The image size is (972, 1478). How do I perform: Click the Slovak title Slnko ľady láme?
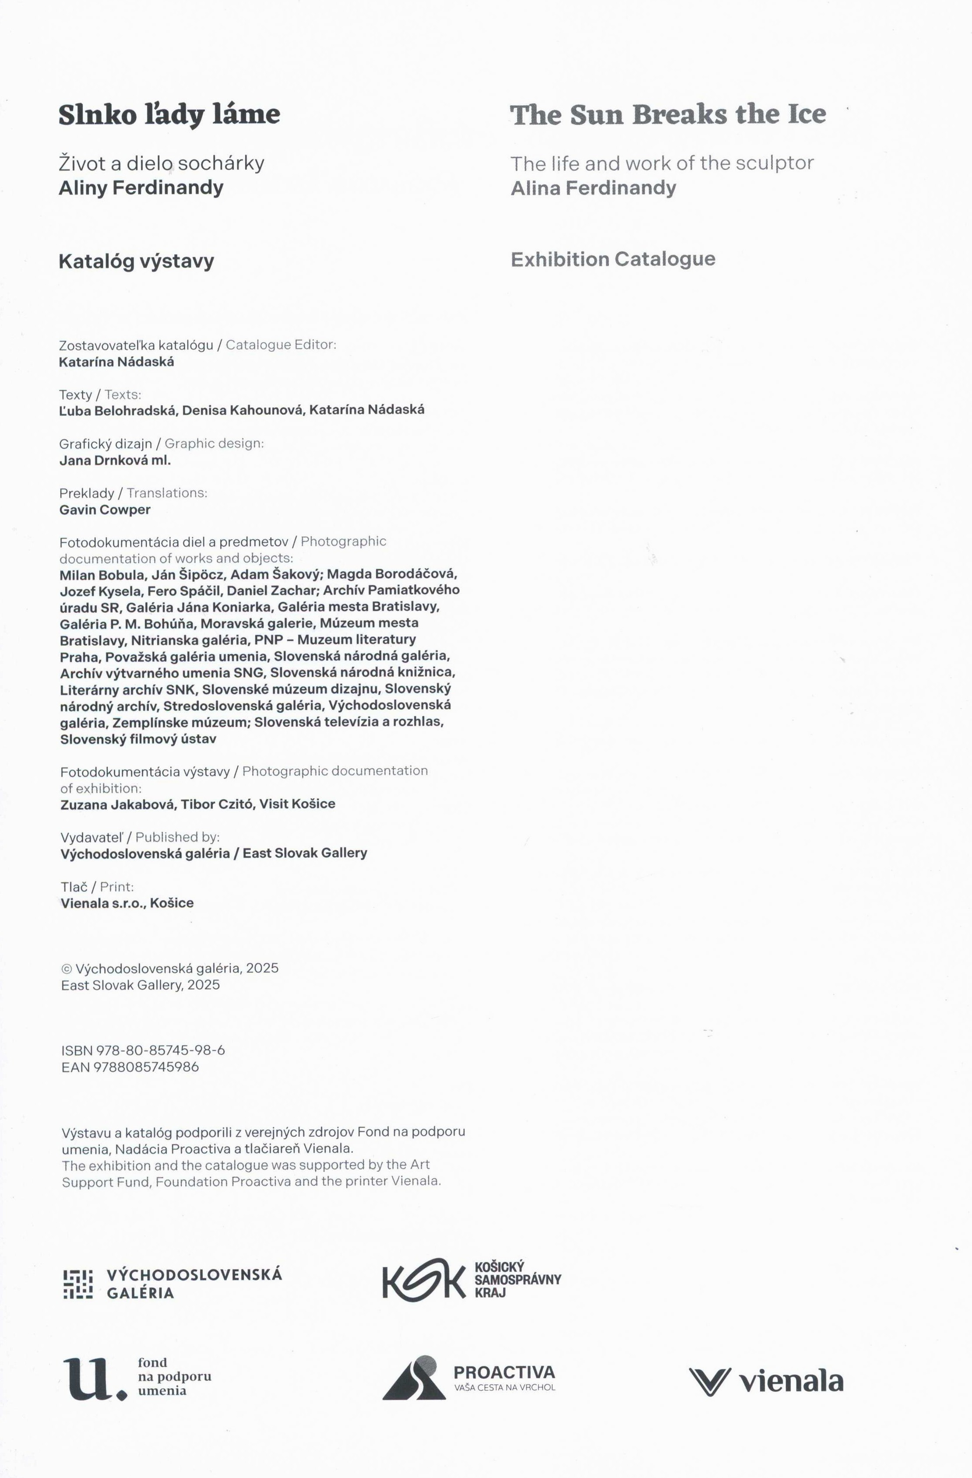(x=169, y=114)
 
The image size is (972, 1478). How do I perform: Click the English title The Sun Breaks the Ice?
(x=667, y=114)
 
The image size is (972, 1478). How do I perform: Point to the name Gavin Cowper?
(x=105, y=510)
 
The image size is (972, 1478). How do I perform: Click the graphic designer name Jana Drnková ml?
(x=115, y=460)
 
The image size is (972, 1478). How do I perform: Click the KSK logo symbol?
(x=423, y=1279)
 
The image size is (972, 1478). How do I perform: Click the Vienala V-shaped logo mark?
(x=709, y=1382)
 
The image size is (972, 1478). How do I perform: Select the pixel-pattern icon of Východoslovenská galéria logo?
(x=78, y=1284)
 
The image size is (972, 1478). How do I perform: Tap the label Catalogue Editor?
(x=281, y=345)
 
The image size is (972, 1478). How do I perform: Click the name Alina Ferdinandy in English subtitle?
(x=593, y=188)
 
